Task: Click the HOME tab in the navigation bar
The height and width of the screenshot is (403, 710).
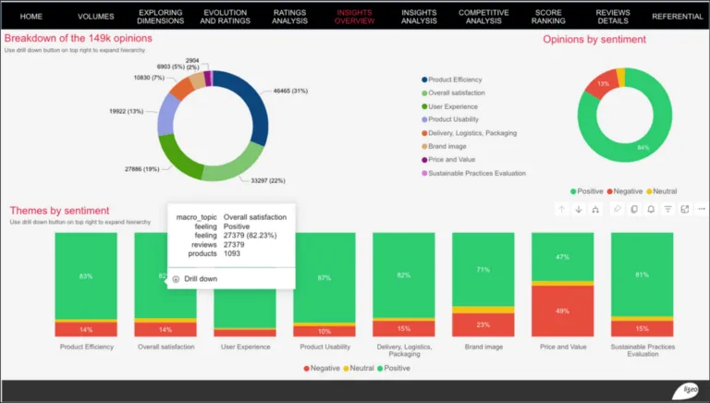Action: click(31, 17)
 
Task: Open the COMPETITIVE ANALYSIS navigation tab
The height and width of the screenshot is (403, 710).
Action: click(484, 17)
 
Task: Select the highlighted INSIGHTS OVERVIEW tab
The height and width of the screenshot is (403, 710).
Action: click(355, 17)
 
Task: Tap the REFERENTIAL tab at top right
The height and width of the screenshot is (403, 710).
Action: click(677, 17)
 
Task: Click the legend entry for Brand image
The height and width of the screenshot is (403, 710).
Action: click(453, 145)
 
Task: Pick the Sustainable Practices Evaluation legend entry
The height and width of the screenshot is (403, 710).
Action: click(476, 173)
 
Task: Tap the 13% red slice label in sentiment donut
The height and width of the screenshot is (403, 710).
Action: click(603, 83)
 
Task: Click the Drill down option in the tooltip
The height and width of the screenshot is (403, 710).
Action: click(201, 278)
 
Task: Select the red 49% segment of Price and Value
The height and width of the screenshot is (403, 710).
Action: click(562, 311)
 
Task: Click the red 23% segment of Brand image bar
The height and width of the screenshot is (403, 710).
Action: click(483, 324)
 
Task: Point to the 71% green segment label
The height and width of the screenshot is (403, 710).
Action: click(483, 270)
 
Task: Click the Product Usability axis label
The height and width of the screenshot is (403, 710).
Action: click(324, 347)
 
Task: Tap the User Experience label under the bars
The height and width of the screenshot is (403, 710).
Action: click(244, 347)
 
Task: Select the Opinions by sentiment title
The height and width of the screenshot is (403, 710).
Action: click(594, 40)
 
